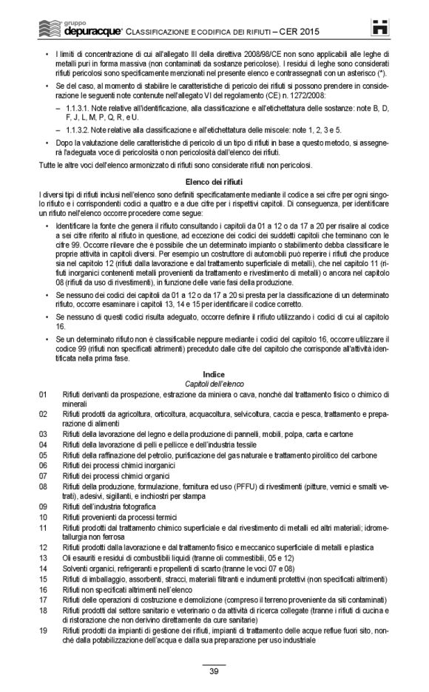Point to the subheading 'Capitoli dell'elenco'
click(x=214, y=384)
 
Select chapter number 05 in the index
click(x=43, y=455)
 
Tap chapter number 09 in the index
click(x=43, y=506)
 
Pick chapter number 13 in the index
click(x=43, y=556)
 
